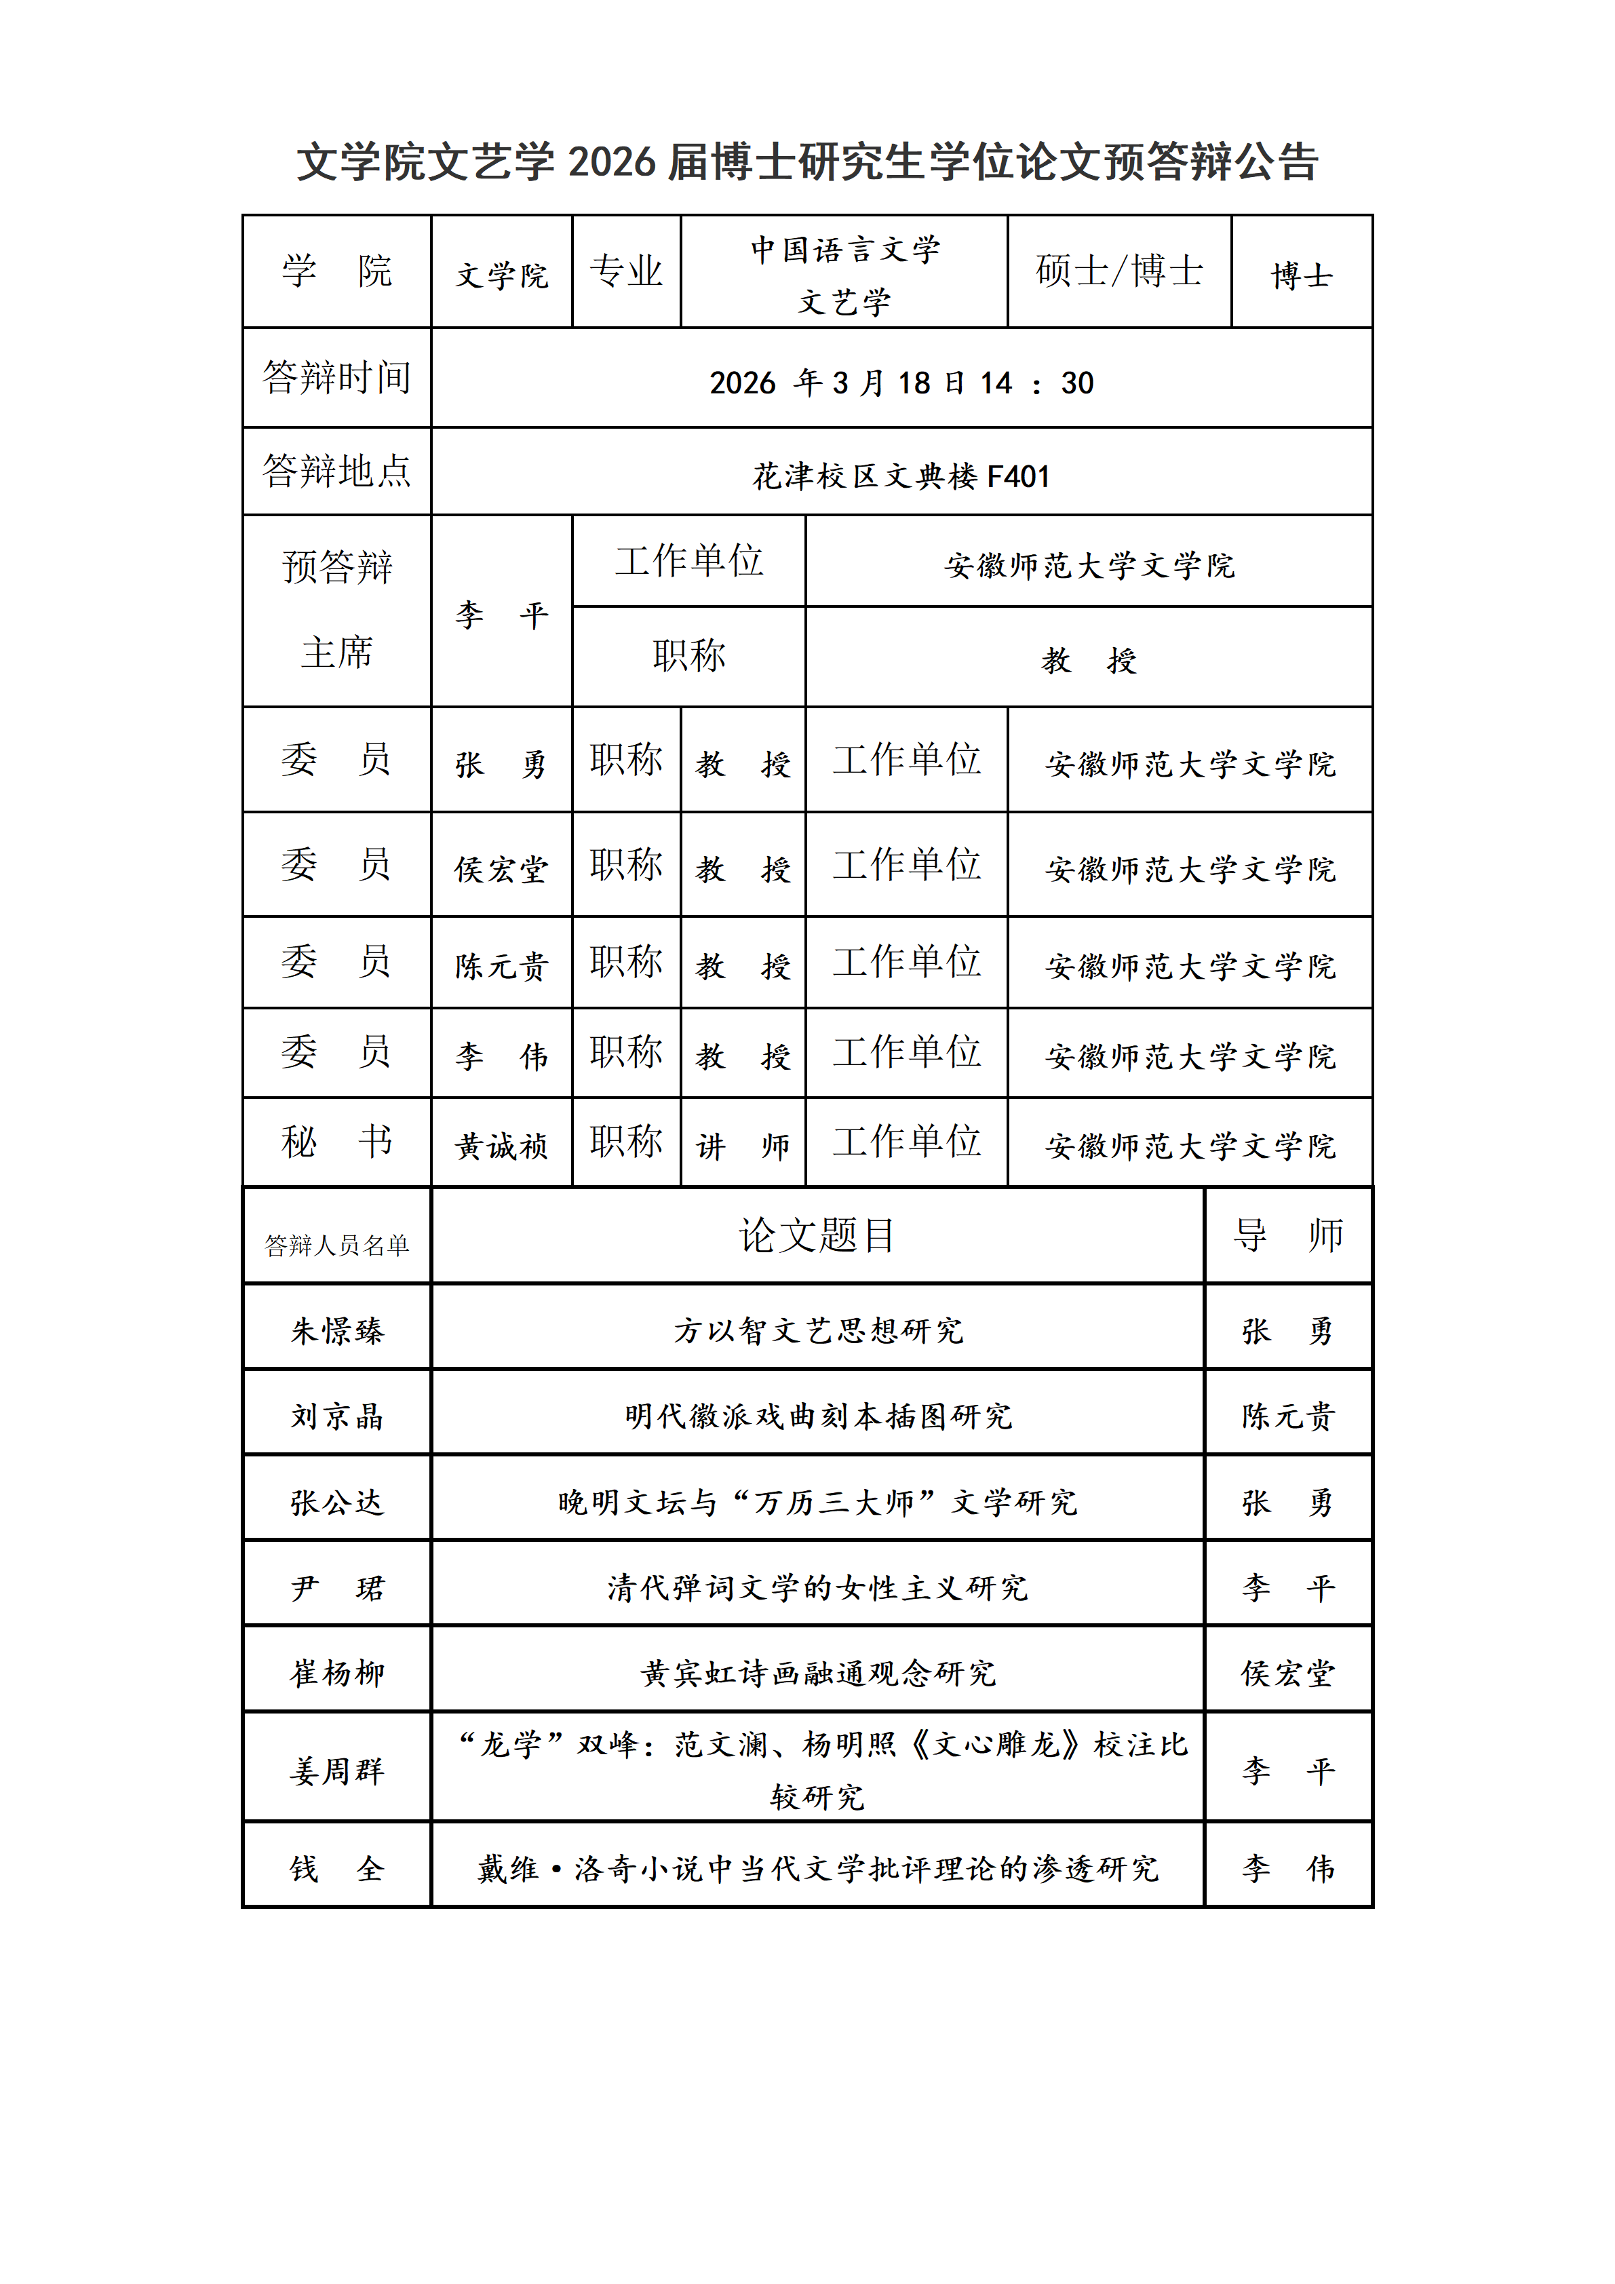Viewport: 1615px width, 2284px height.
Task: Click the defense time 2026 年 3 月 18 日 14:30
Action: pyautogui.click(x=901, y=383)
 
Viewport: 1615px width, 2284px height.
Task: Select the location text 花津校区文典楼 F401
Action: pyautogui.click(x=901, y=476)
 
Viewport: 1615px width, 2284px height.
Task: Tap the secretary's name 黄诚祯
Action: pyautogui.click(x=501, y=1146)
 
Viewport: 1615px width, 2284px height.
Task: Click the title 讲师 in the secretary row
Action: pyautogui.click(x=743, y=1146)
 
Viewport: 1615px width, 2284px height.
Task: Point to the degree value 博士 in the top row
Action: pyautogui.click(x=1301, y=275)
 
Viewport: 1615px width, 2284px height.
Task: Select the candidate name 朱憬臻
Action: pyautogui.click(x=336, y=1331)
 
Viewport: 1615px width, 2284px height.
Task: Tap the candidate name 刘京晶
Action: pyautogui.click(x=336, y=1416)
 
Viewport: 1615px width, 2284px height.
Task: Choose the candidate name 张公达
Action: pyautogui.click(x=336, y=1502)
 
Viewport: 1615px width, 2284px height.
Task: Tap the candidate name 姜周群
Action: pyautogui.click(x=336, y=1770)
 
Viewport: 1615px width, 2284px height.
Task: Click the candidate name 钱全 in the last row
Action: pyautogui.click(x=336, y=1868)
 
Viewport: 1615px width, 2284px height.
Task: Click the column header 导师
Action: pyautogui.click(x=1288, y=1235)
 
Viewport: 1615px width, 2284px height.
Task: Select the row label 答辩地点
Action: pyautogui.click(x=336, y=471)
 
